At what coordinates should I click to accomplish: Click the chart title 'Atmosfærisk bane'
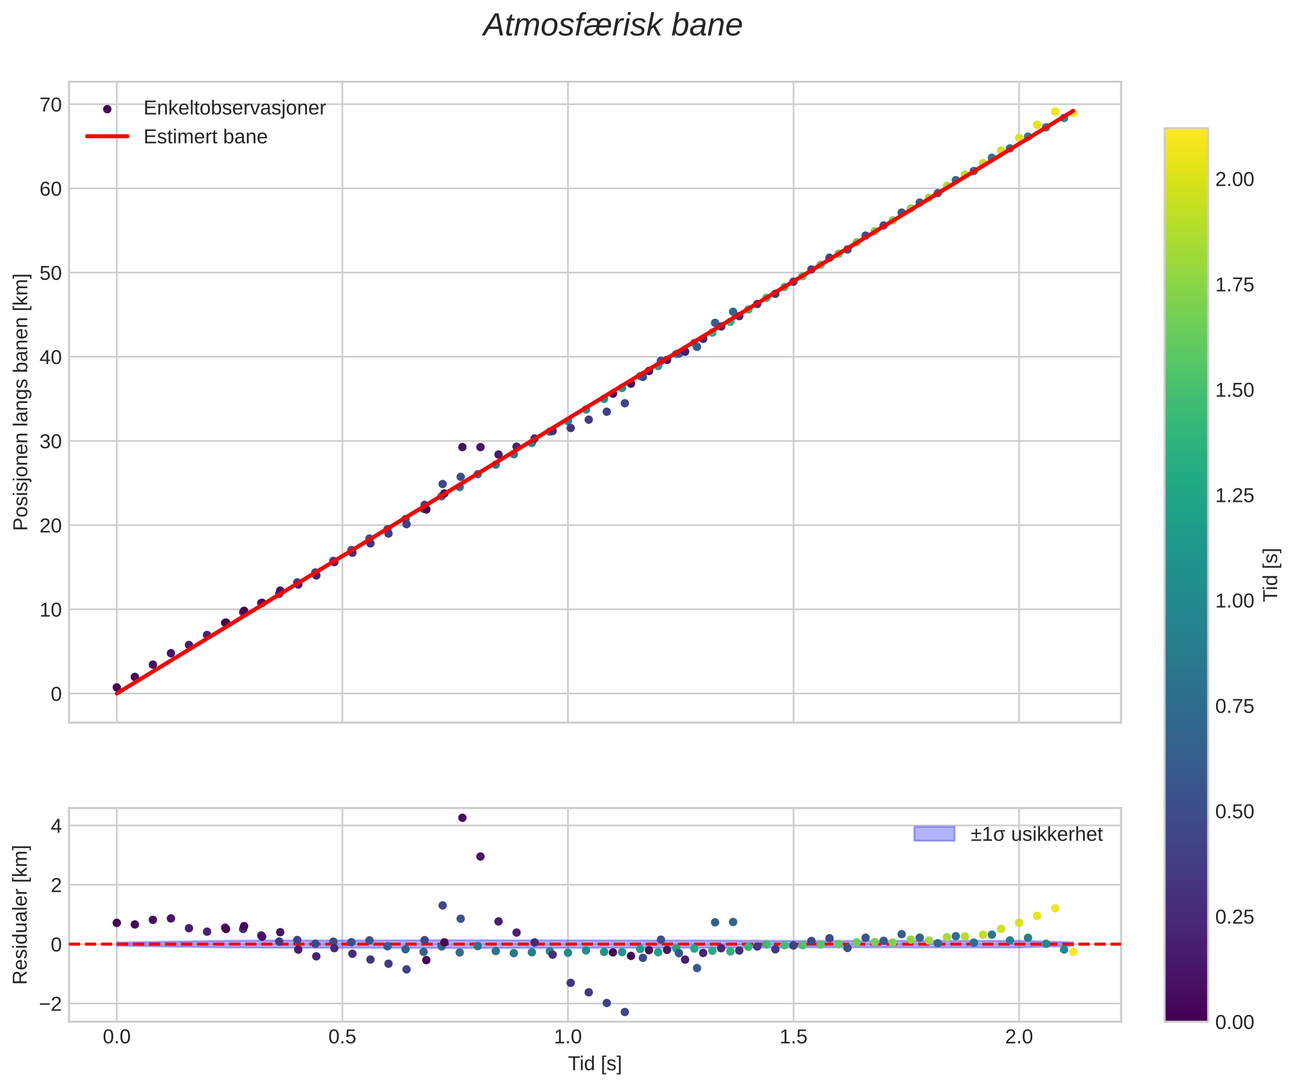[x=612, y=26]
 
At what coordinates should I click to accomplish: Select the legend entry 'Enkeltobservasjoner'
[x=234, y=108]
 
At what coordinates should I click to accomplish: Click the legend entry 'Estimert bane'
[x=205, y=137]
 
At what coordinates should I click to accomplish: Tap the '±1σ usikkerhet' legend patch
[x=934, y=834]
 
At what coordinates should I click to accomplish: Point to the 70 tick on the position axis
[x=51, y=104]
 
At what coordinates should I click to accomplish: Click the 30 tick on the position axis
[x=51, y=441]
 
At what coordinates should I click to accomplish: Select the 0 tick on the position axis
[x=56, y=694]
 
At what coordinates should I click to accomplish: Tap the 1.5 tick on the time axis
[x=793, y=1037]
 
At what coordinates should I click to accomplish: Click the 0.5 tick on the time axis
[x=342, y=1037]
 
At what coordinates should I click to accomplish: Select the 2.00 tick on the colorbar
[x=1234, y=179]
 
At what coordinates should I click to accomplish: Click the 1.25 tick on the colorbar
[x=1234, y=496]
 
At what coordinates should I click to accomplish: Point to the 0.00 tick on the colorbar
[x=1234, y=1023]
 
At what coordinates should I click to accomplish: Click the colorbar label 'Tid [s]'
[x=1270, y=574]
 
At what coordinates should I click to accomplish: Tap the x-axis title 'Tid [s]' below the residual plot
[x=594, y=1064]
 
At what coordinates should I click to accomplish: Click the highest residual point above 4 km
[x=462, y=818]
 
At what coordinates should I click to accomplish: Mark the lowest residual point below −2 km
[x=624, y=1012]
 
